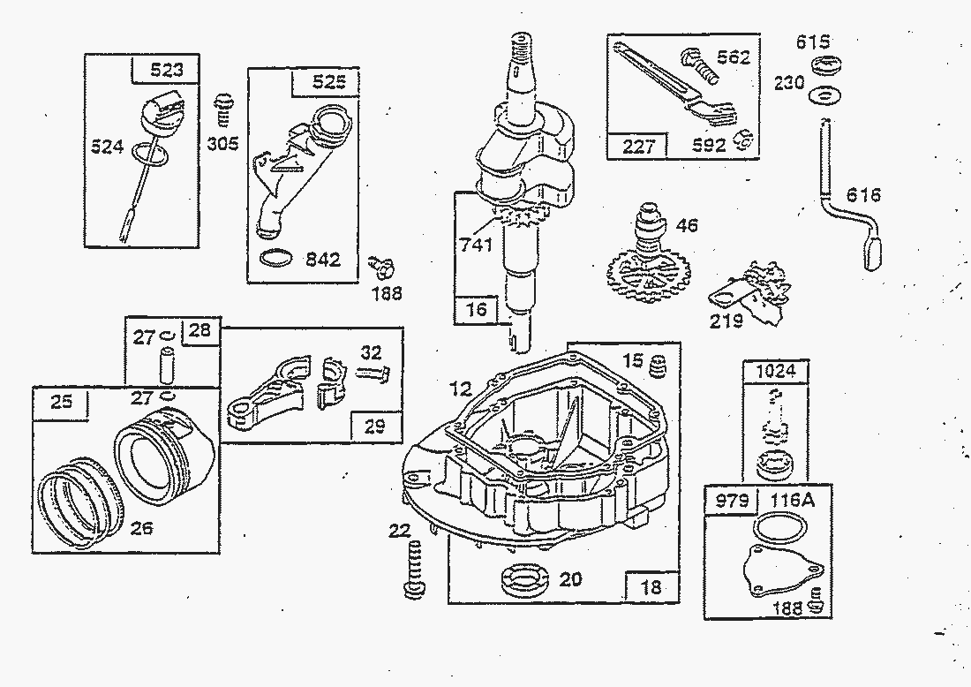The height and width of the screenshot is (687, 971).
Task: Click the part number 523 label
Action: click(166, 69)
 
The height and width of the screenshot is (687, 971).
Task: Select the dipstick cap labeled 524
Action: click(160, 113)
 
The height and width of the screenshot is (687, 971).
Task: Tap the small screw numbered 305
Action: click(224, 110)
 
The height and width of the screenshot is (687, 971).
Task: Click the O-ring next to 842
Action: click(278, 260)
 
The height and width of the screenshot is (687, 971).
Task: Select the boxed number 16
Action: click(476, 309)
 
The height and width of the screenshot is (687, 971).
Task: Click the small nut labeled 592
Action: click(744, 140)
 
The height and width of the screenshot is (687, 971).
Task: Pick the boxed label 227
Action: click(638, 145)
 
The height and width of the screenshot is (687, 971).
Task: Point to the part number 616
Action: click(862, 195)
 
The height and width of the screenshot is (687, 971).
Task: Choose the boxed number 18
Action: click(652, 586)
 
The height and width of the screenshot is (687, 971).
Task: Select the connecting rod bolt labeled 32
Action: click(373, 373)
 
